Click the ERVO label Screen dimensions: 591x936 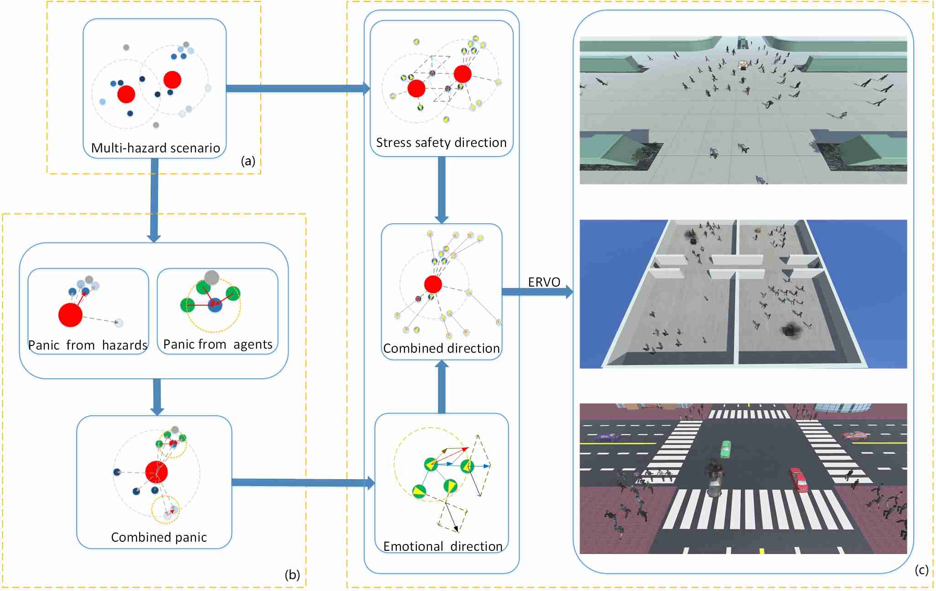point(544,282)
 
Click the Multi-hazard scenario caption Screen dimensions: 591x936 point(155,148)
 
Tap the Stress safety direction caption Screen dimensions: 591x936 point(441,143)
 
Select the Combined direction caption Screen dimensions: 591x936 point(441,348)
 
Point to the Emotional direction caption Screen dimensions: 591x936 point(442,546)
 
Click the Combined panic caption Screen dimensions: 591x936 point(159,537)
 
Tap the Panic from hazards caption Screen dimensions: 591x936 point(88,345)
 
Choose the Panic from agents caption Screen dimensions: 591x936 point(218,344)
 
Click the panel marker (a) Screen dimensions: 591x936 point(248,161)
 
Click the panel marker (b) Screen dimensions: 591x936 point(292,575)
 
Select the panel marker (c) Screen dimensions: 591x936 point(921,570)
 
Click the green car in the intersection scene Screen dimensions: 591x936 point(726,449)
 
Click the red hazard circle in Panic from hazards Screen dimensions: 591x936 point(70,315)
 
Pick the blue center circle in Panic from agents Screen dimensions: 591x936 point(215,304)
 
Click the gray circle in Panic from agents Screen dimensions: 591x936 point(211,277)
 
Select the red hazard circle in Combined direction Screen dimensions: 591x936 point(433,284)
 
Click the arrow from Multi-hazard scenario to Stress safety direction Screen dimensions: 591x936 point(297,89)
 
